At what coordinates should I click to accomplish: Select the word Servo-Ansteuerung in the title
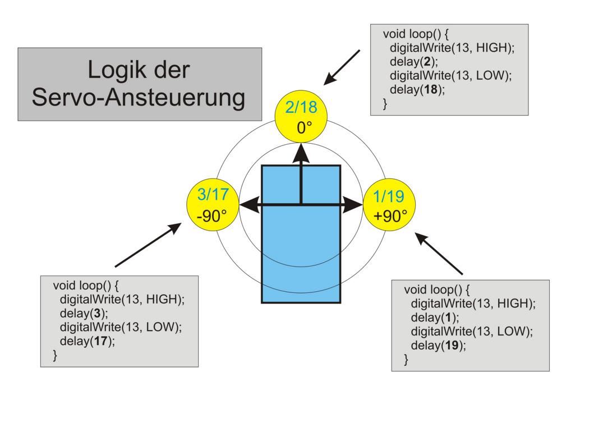(139, 97)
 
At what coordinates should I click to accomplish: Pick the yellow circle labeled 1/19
(389, 205)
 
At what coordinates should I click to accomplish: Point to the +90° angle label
(389, 216)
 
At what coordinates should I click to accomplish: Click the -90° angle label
(212, 216)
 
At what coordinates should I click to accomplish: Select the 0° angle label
(303, 127)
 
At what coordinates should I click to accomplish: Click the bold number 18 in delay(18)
(431, 89)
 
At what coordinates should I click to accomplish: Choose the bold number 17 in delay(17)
(101, 341)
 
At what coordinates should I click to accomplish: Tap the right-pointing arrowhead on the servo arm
(354, 205)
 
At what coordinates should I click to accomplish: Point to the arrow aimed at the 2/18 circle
(342, 67)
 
